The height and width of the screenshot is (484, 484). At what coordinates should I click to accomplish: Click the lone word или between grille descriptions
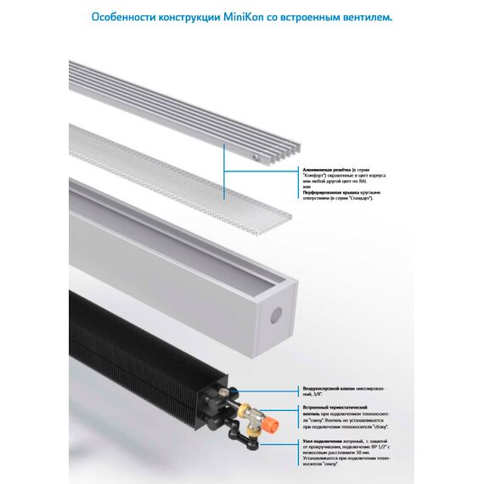(x=307, y=186)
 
